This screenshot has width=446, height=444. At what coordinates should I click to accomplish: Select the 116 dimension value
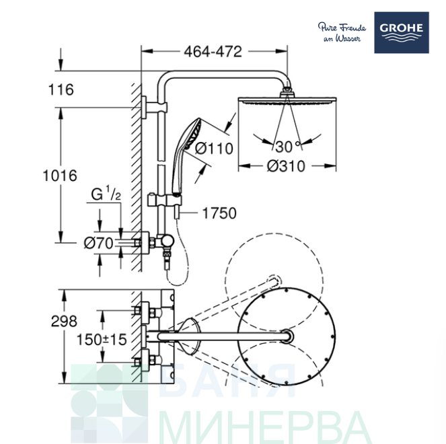coord(61,89)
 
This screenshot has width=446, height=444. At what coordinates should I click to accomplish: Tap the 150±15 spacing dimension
coord(101,340)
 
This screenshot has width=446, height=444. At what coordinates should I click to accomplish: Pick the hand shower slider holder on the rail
coord(162,200)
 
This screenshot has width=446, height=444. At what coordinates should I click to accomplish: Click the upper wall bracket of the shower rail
coord(151,106)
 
